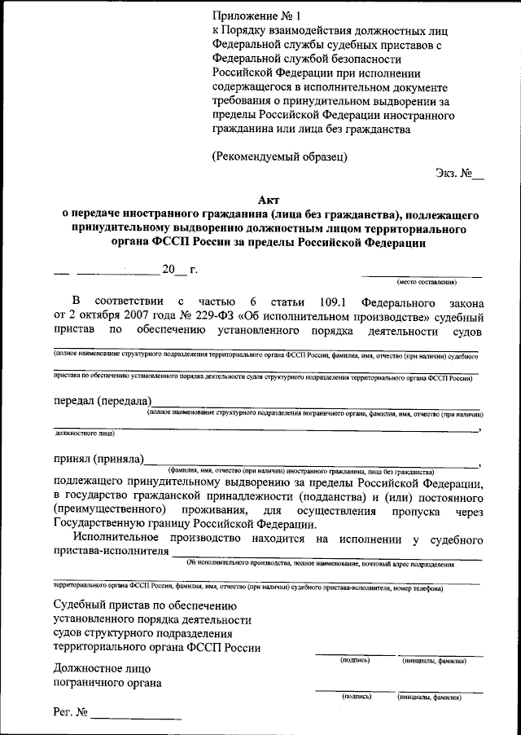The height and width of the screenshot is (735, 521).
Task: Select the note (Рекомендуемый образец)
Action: (279, 156)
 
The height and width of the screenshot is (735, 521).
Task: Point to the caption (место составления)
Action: (427, 282)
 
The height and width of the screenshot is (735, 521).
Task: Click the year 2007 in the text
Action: (129, 317)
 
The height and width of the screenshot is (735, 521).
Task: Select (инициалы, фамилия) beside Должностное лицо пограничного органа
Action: (429, 698)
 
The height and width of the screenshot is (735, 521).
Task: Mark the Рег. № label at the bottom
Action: (70, 713)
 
